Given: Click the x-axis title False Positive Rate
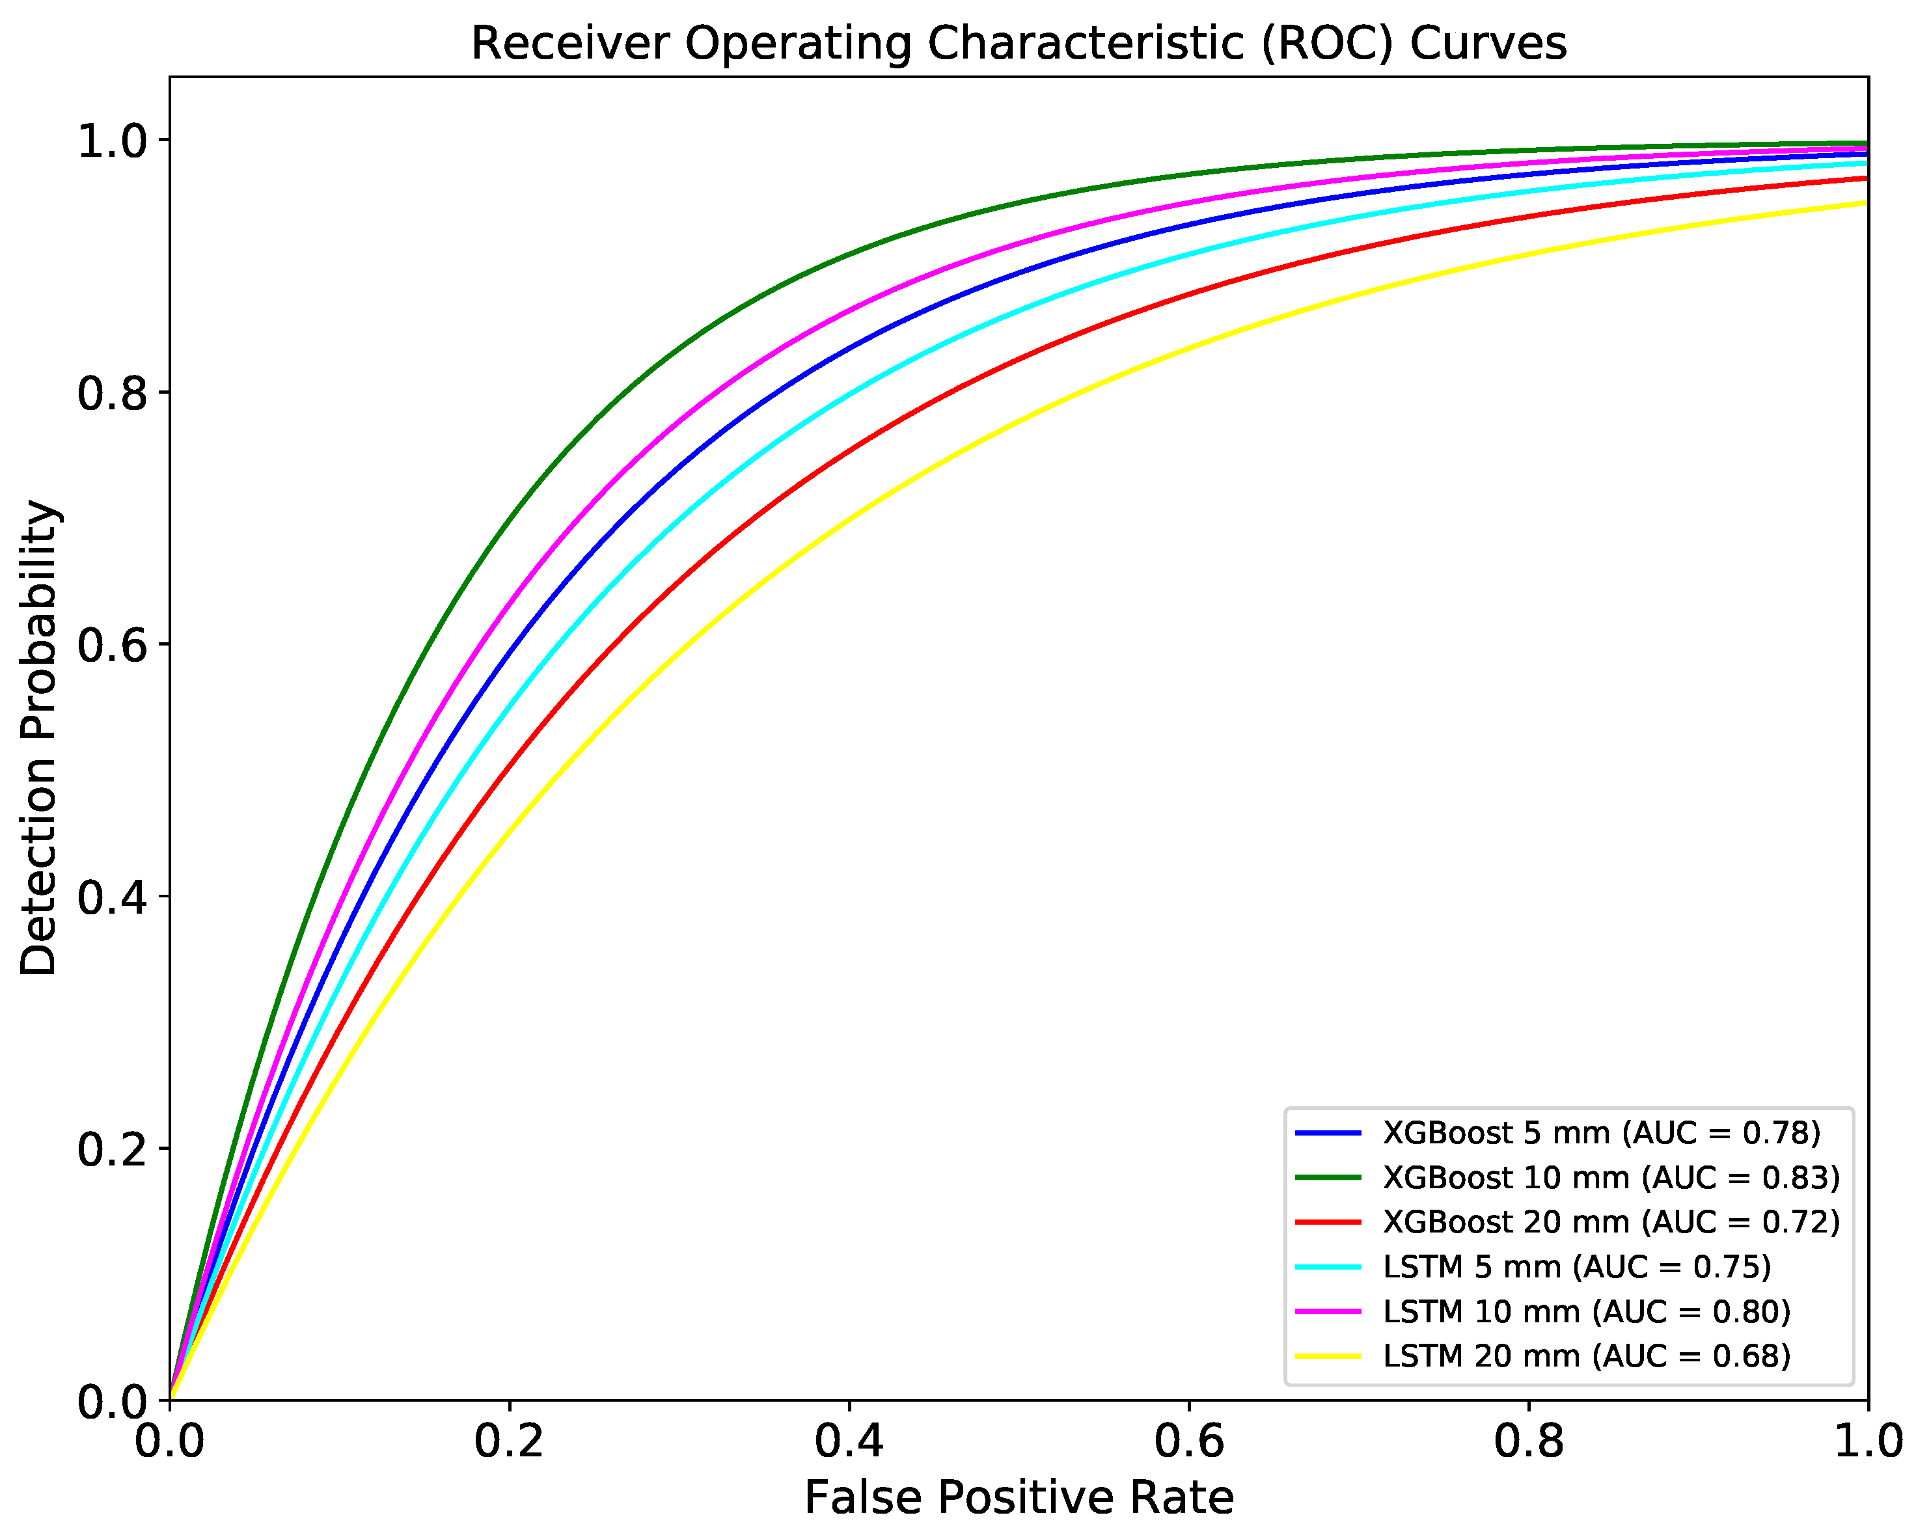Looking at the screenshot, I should pos(1019,1498).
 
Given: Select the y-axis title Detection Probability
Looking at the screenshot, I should pos(39,737).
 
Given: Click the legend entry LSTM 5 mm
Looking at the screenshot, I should pos(1576,1267).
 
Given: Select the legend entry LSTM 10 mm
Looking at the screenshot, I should pos(1586,1311).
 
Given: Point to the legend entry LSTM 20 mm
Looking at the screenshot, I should pos(1586,1357).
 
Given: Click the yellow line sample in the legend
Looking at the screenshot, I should pos(1328,1357).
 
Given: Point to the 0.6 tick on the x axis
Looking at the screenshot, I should pos(1189,1402).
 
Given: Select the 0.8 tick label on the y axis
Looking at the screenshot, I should pos(112,393).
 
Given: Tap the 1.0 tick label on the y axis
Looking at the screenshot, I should pos(112,141).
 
